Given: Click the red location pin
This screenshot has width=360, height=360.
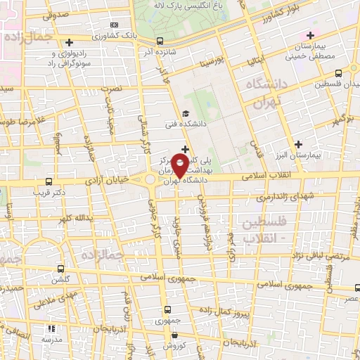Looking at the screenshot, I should (x=181, y=165).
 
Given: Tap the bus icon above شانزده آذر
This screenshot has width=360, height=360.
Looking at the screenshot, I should (x=161, y=40).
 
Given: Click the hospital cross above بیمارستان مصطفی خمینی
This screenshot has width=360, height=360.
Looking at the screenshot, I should (x=310, y=34).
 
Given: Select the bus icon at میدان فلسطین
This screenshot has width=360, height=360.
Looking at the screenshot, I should (x=339, y=72).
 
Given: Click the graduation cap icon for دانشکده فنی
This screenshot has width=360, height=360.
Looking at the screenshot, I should (x=184, y=114).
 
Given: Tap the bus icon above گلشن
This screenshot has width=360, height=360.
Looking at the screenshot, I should (x=62, y=269).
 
